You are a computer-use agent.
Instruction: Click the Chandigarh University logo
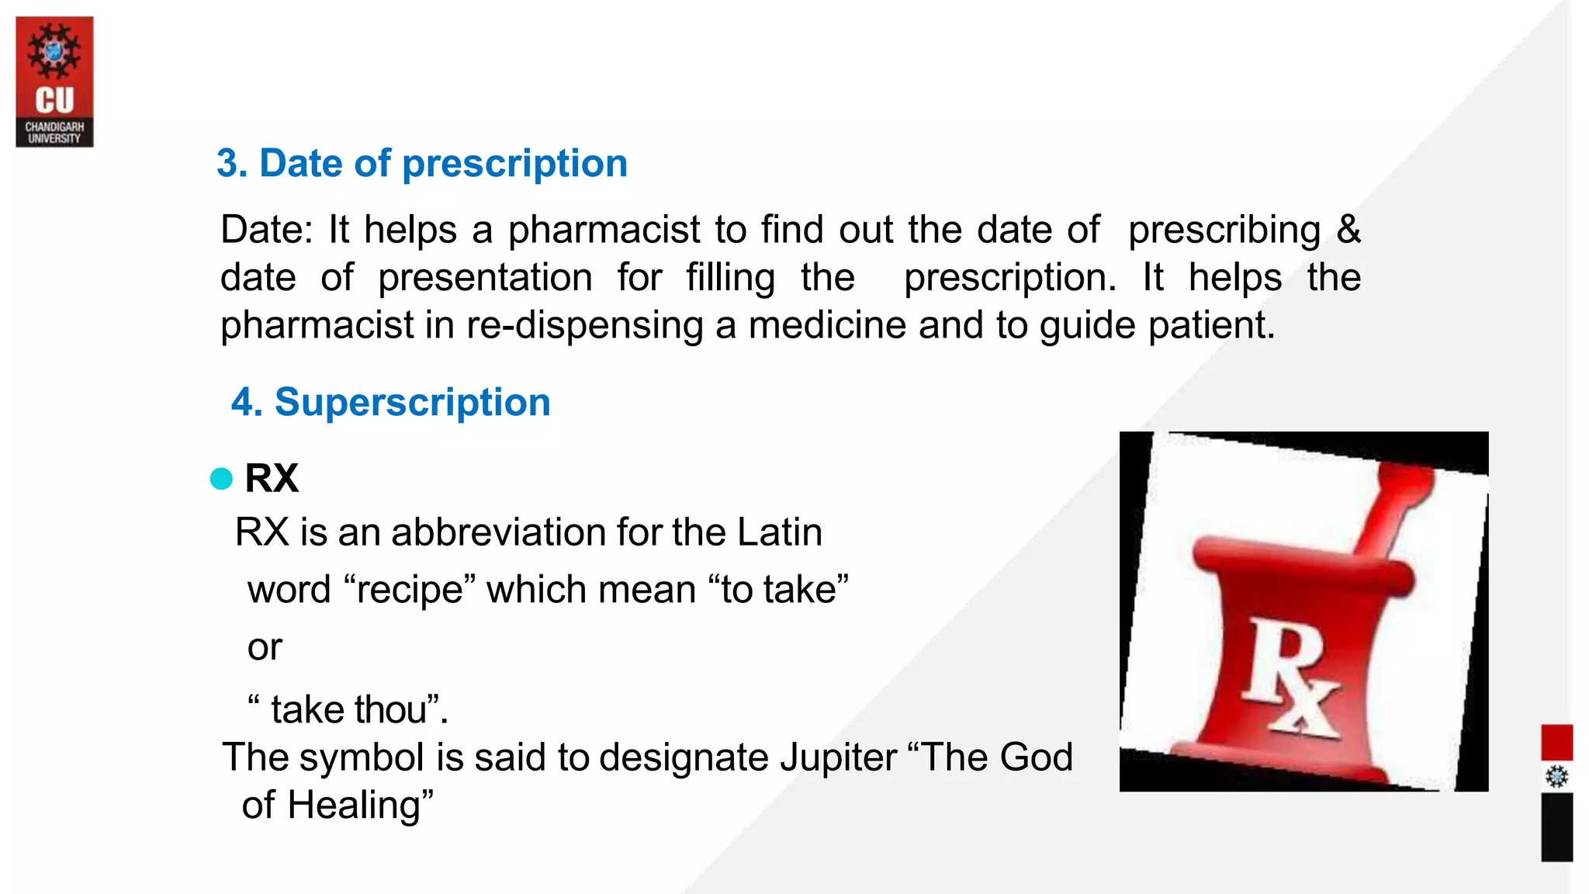54,81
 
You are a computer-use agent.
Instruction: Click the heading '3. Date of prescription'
421,164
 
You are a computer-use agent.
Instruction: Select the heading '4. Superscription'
390,403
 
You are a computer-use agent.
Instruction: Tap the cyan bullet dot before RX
221,478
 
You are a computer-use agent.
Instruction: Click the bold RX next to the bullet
272,478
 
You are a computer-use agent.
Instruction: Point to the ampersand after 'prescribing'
1348,230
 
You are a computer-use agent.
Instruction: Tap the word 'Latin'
779,532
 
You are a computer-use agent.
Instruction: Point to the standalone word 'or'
265,647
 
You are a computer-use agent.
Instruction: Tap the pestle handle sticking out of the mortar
1397,504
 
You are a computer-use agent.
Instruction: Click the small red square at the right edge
1556,742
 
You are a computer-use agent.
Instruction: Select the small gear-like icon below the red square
1556,776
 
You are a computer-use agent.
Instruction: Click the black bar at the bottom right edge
1556,826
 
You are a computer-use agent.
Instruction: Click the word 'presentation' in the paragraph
485,278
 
